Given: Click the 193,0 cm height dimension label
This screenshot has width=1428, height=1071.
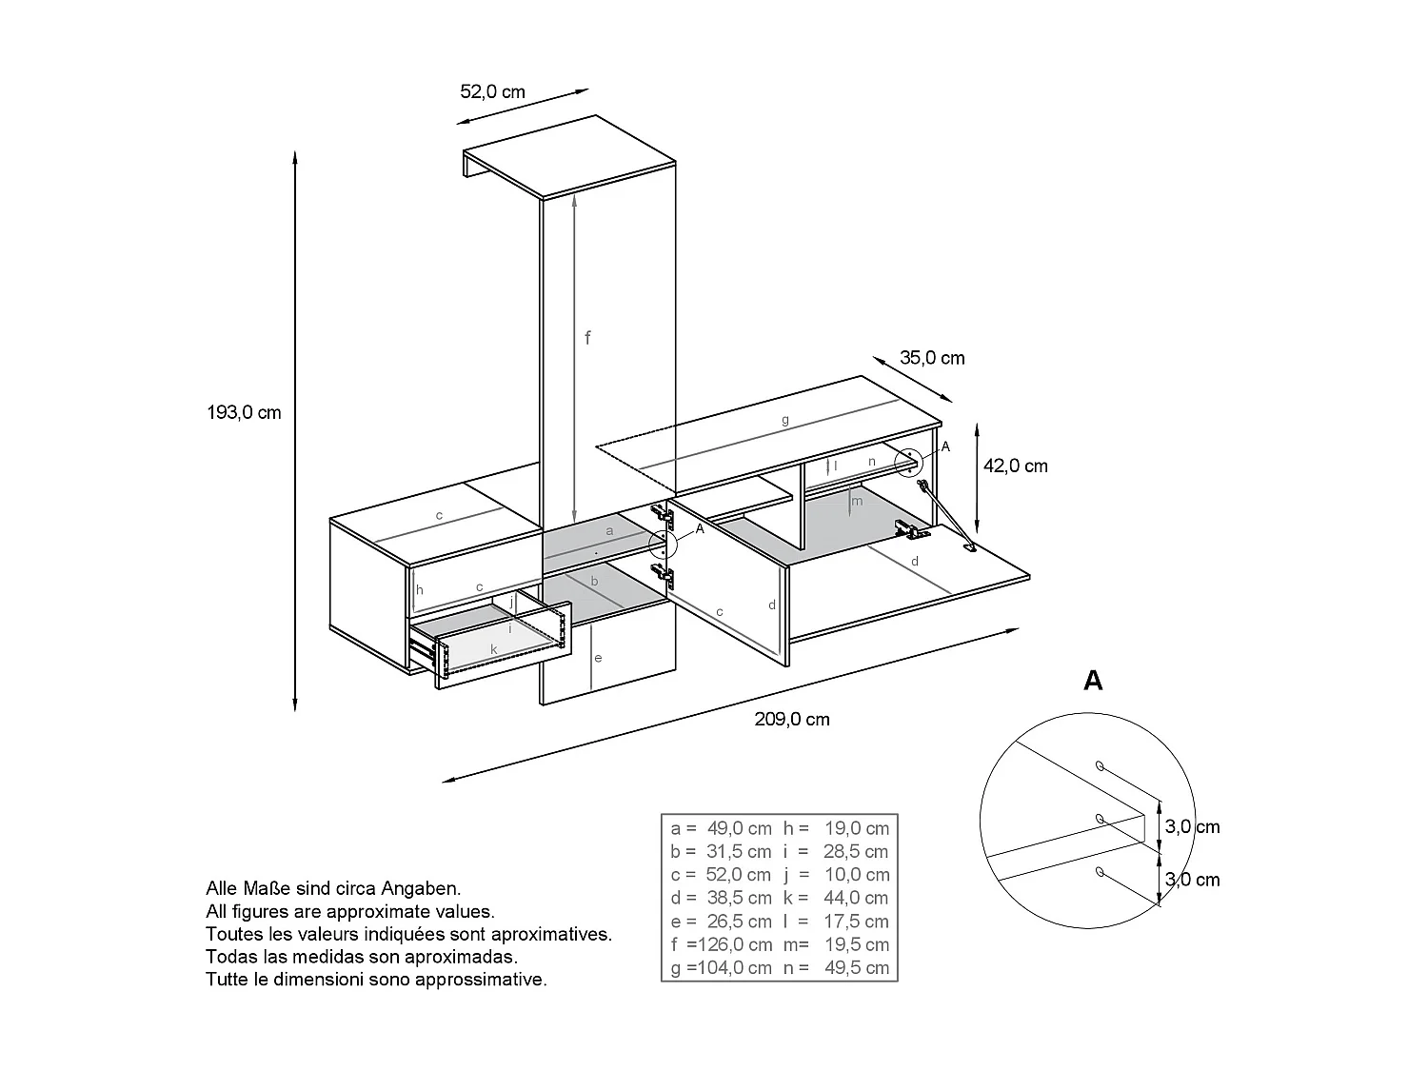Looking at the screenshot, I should pyautogui.click(x=244, y=412).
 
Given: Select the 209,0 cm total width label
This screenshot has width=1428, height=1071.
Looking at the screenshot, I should pyautogui.click(x=792, y=719).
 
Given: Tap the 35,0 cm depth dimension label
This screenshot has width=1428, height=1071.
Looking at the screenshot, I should pyautogui.click(x=932, y=358).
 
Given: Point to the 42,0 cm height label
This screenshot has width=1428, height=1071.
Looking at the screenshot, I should pyautogui.click(x=1015, y=466).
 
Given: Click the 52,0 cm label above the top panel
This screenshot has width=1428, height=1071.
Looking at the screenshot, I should pyautogui.click(x=492, y=91).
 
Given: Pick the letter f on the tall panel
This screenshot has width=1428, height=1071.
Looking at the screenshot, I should pyautogui.click(x=587, y=337).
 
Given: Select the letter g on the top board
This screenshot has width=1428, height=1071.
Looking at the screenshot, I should pyautogui.click(x=785, y=420).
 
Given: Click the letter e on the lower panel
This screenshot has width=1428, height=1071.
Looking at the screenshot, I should pyautogui.click(x=598, y=658).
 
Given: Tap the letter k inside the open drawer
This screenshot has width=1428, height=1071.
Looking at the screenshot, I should pyautogui.click(x=493, y=649).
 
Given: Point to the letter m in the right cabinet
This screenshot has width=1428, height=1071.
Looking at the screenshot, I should pyautogui.click(x=857, y=501).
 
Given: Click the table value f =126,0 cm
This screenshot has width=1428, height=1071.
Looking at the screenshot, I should pyautogui.click(x=721, y=944).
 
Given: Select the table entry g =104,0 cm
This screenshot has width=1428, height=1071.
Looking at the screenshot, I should pyautogui.click(x=721, y=967).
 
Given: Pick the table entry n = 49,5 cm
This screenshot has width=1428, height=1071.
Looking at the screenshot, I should pyautogui.click(x=836, y=967).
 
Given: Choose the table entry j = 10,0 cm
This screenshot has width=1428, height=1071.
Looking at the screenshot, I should pyautogui.click(x=836, y=874).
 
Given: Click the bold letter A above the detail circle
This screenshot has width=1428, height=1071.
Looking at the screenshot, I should pyautogui.click(x=1093, y=681).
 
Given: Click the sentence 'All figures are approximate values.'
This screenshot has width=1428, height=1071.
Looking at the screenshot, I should pyautogui.click(x=350, y=911).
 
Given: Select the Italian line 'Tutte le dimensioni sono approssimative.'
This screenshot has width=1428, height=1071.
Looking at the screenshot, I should pyautogui.click(x=376, y=980).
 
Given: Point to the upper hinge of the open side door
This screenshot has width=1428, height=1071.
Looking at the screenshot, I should pyautogui.click(x=664, y=516).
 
